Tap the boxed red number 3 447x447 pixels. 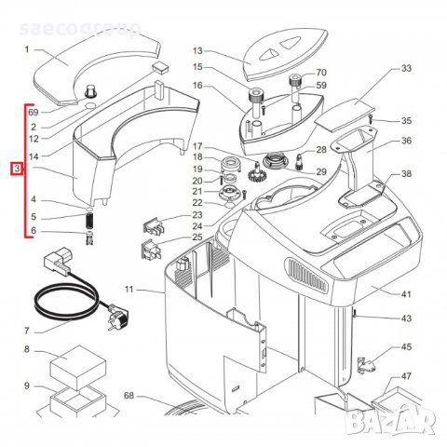[16, 169]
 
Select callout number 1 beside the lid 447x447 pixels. [27, 49]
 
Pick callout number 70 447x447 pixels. [321, 73]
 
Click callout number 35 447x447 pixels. [405, 121]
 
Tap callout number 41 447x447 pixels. [405, 294]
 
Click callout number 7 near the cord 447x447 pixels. [27, 330]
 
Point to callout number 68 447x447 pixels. [128, 397]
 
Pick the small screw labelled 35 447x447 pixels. [370, 119]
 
